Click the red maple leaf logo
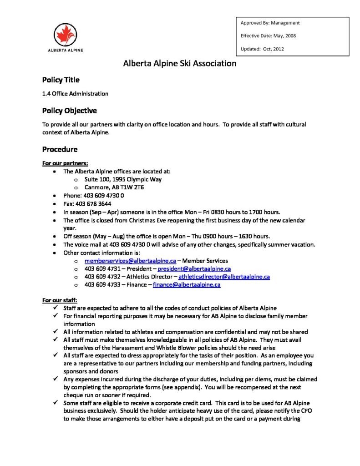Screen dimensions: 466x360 coord(66,35)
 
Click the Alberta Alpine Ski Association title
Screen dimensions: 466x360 coord(180,63)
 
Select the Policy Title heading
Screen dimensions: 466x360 coord(61,80)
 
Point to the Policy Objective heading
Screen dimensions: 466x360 coord(69,111)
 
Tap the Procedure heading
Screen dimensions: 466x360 coord(60,149)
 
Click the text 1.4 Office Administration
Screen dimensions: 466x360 coord(75,94)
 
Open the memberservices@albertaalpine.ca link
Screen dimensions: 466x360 coord(130,261)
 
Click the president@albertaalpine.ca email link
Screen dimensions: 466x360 coord(194,268)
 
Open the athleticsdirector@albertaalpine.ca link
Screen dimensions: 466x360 coord(224,276)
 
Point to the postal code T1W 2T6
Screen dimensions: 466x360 coord(130,187)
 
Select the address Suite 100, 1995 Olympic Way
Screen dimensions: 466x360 coord(123,179)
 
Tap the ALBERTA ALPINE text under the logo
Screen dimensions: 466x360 coord(66,50)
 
